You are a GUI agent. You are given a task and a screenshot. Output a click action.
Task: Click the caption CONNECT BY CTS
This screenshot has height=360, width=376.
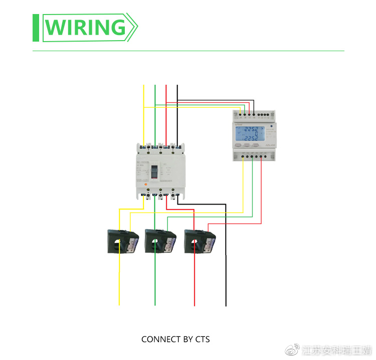pos(175,339)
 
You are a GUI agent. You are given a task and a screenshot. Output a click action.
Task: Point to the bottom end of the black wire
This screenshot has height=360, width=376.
pos(226,304)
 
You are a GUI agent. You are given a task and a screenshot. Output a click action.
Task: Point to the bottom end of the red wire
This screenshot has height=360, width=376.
pos(195,304)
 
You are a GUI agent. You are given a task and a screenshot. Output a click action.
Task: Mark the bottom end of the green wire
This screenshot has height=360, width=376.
pos(155,304)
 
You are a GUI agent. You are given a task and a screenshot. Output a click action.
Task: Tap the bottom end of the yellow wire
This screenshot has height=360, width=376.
pos(119,304)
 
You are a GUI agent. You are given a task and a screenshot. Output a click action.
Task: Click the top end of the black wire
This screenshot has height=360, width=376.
pos(177,86)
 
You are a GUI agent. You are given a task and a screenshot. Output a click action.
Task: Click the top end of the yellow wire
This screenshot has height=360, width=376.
pos(144,86)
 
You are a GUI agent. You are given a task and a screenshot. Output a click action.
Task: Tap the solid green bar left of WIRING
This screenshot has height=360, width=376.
pos(36,28)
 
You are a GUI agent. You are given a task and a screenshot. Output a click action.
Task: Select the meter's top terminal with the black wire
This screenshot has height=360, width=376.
pos(254,115)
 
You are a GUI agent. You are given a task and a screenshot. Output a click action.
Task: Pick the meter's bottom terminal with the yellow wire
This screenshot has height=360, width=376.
pos(243,156)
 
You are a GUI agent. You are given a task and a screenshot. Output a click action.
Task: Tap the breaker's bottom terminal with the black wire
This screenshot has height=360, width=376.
pos(177,195)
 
